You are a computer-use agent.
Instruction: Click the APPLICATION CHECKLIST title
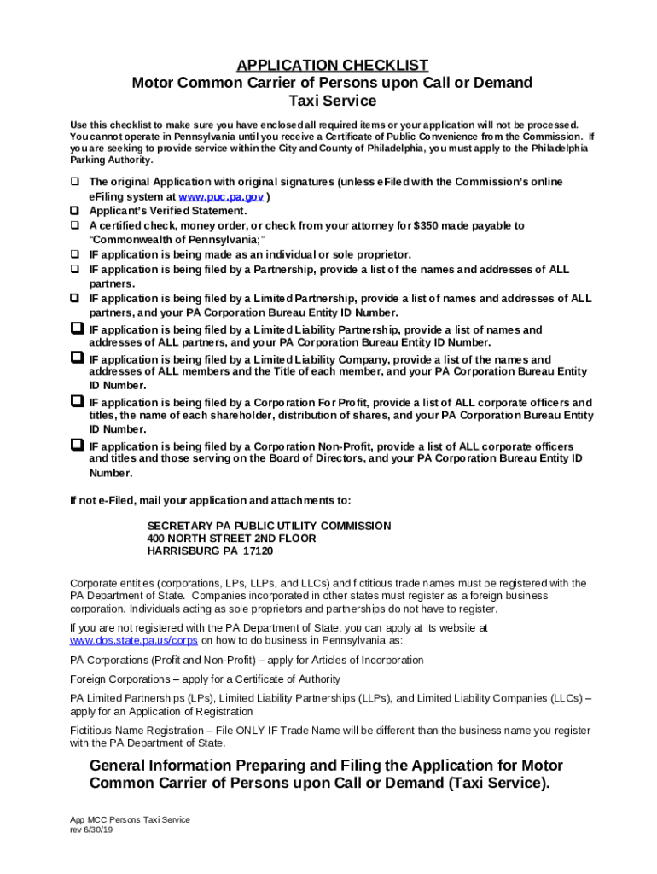tap(332, 66)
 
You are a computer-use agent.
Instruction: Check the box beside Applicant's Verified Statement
tap(75, 210)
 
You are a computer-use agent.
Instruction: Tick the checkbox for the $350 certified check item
tap(75, 225)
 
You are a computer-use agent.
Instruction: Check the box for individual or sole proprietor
tap(75, 254)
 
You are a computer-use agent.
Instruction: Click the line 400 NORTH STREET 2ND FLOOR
tap(231, 539)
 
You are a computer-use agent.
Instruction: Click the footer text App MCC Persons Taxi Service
tap(130, 819)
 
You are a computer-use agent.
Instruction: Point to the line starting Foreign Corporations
tap(205, 679)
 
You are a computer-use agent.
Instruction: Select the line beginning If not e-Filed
tap(210, 500)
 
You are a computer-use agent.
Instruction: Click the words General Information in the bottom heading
tap(162, 765)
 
